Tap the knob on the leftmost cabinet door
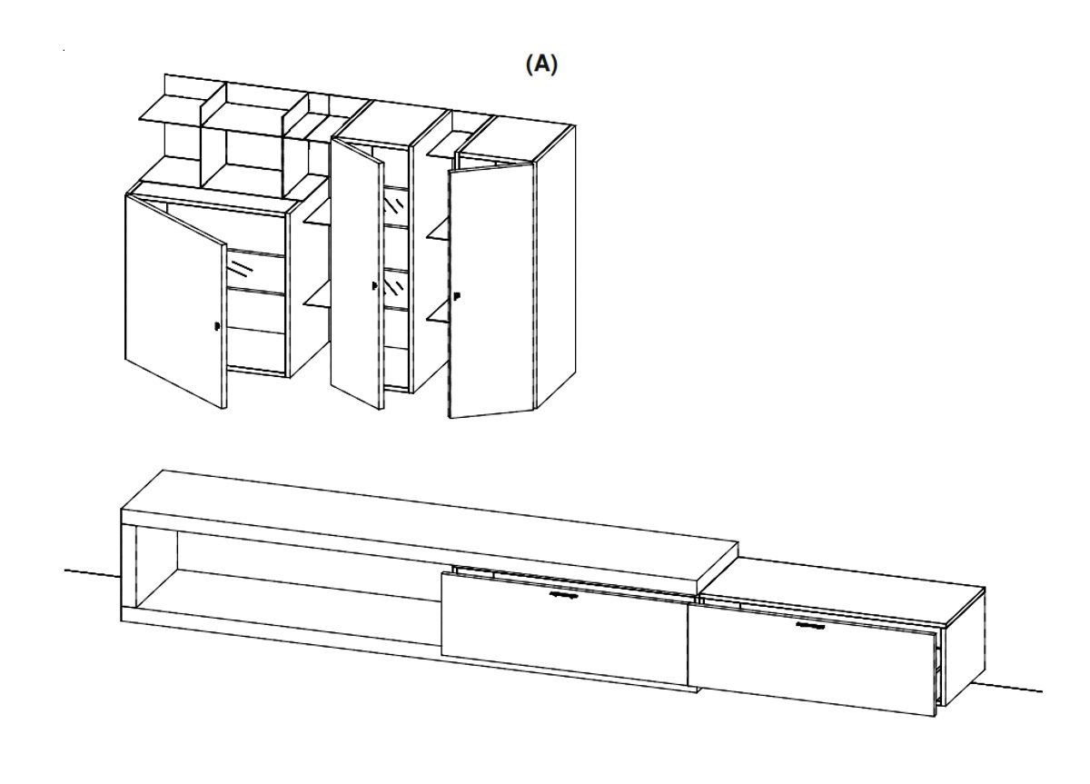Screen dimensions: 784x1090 coord(216,326)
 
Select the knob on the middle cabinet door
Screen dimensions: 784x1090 coord(374,286)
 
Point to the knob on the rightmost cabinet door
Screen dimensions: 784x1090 coord(456,296)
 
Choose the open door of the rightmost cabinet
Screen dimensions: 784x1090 coord(490,291)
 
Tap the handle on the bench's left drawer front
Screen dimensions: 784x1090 coord(565,597)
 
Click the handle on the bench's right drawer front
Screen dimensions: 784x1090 coord(809,625)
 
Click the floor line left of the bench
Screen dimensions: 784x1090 coord(91,571)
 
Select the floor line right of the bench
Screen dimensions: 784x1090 coord(1013,686)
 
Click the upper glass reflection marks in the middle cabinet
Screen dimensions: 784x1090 coord(396,202)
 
